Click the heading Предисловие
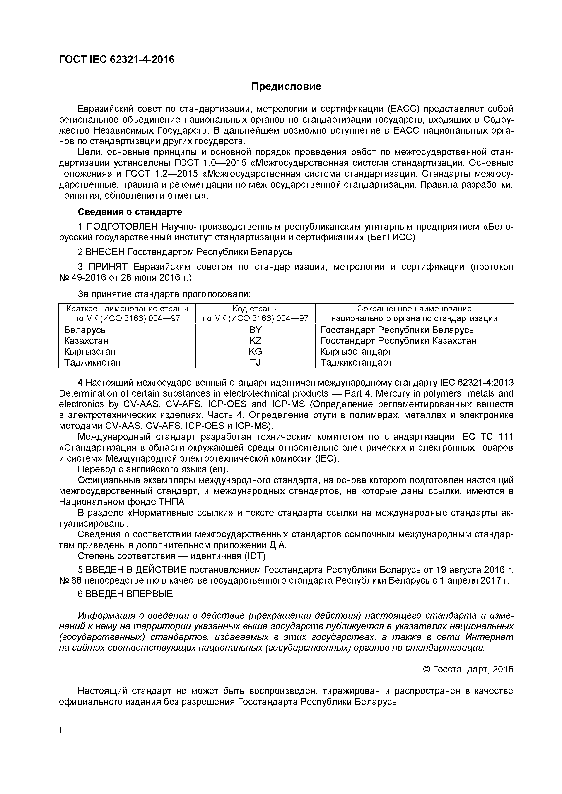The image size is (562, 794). (286, 86)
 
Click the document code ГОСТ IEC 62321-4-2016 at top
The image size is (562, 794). (117, 60)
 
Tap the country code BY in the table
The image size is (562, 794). (255, 330)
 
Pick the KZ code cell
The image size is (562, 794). (255, 341)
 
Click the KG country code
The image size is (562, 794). (255, 351)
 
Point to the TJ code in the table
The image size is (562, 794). (255, 362)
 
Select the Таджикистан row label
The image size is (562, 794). (92, 362)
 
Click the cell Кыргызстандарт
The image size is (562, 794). (356, 351)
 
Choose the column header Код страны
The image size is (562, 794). (255, 309)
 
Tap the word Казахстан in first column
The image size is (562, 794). (86, 341)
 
